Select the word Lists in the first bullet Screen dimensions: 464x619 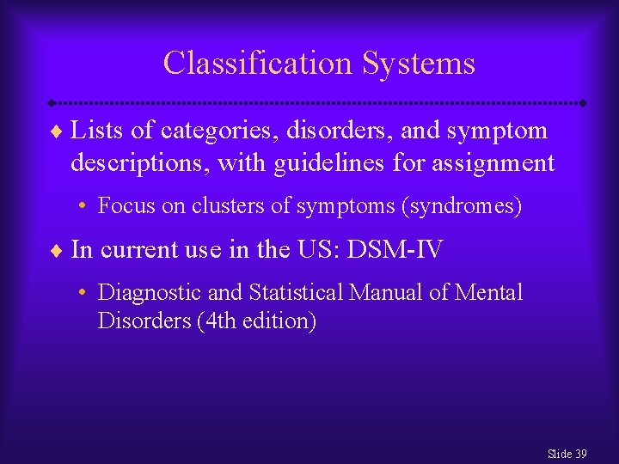95,131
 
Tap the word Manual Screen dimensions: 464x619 386,293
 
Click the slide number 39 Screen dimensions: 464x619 581,454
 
